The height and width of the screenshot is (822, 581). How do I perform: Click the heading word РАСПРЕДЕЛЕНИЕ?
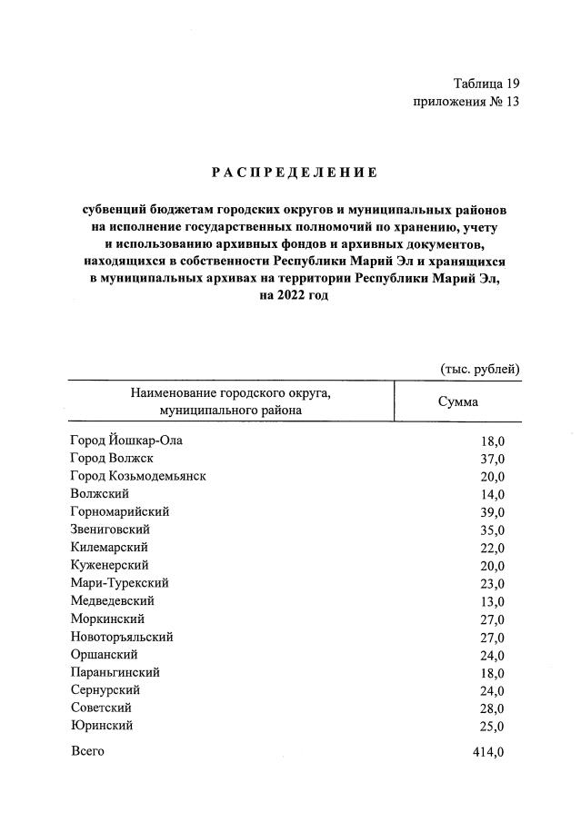pos(294,171)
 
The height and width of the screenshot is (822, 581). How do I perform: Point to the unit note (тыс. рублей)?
pos(480,369)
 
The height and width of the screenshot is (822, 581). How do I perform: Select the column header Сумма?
pos(458,401)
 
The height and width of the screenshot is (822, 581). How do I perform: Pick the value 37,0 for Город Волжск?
pos(492,459)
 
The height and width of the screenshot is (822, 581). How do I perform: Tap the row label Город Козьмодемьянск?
pos(137,476)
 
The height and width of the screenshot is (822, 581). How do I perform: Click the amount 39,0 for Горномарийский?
pos(492,512)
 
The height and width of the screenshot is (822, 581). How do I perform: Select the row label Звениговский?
pos(110,530)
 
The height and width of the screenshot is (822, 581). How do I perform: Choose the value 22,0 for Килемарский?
pos(492,548)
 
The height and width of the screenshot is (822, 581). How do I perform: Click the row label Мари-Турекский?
pos(119,583)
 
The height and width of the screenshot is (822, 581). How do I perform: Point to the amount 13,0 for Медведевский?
pos(492,601)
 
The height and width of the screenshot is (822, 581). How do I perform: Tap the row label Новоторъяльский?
pos(121,637)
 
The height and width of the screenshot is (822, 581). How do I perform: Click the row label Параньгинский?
pos(115,672)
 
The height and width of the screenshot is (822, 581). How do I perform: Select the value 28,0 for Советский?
pos(492,708)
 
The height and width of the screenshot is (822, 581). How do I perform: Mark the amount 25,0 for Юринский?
pos(492,727)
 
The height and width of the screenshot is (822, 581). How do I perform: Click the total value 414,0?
pos(487,752)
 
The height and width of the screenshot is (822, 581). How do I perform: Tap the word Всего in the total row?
pos(87,752)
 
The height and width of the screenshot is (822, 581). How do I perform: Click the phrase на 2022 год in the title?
pos(294,295)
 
